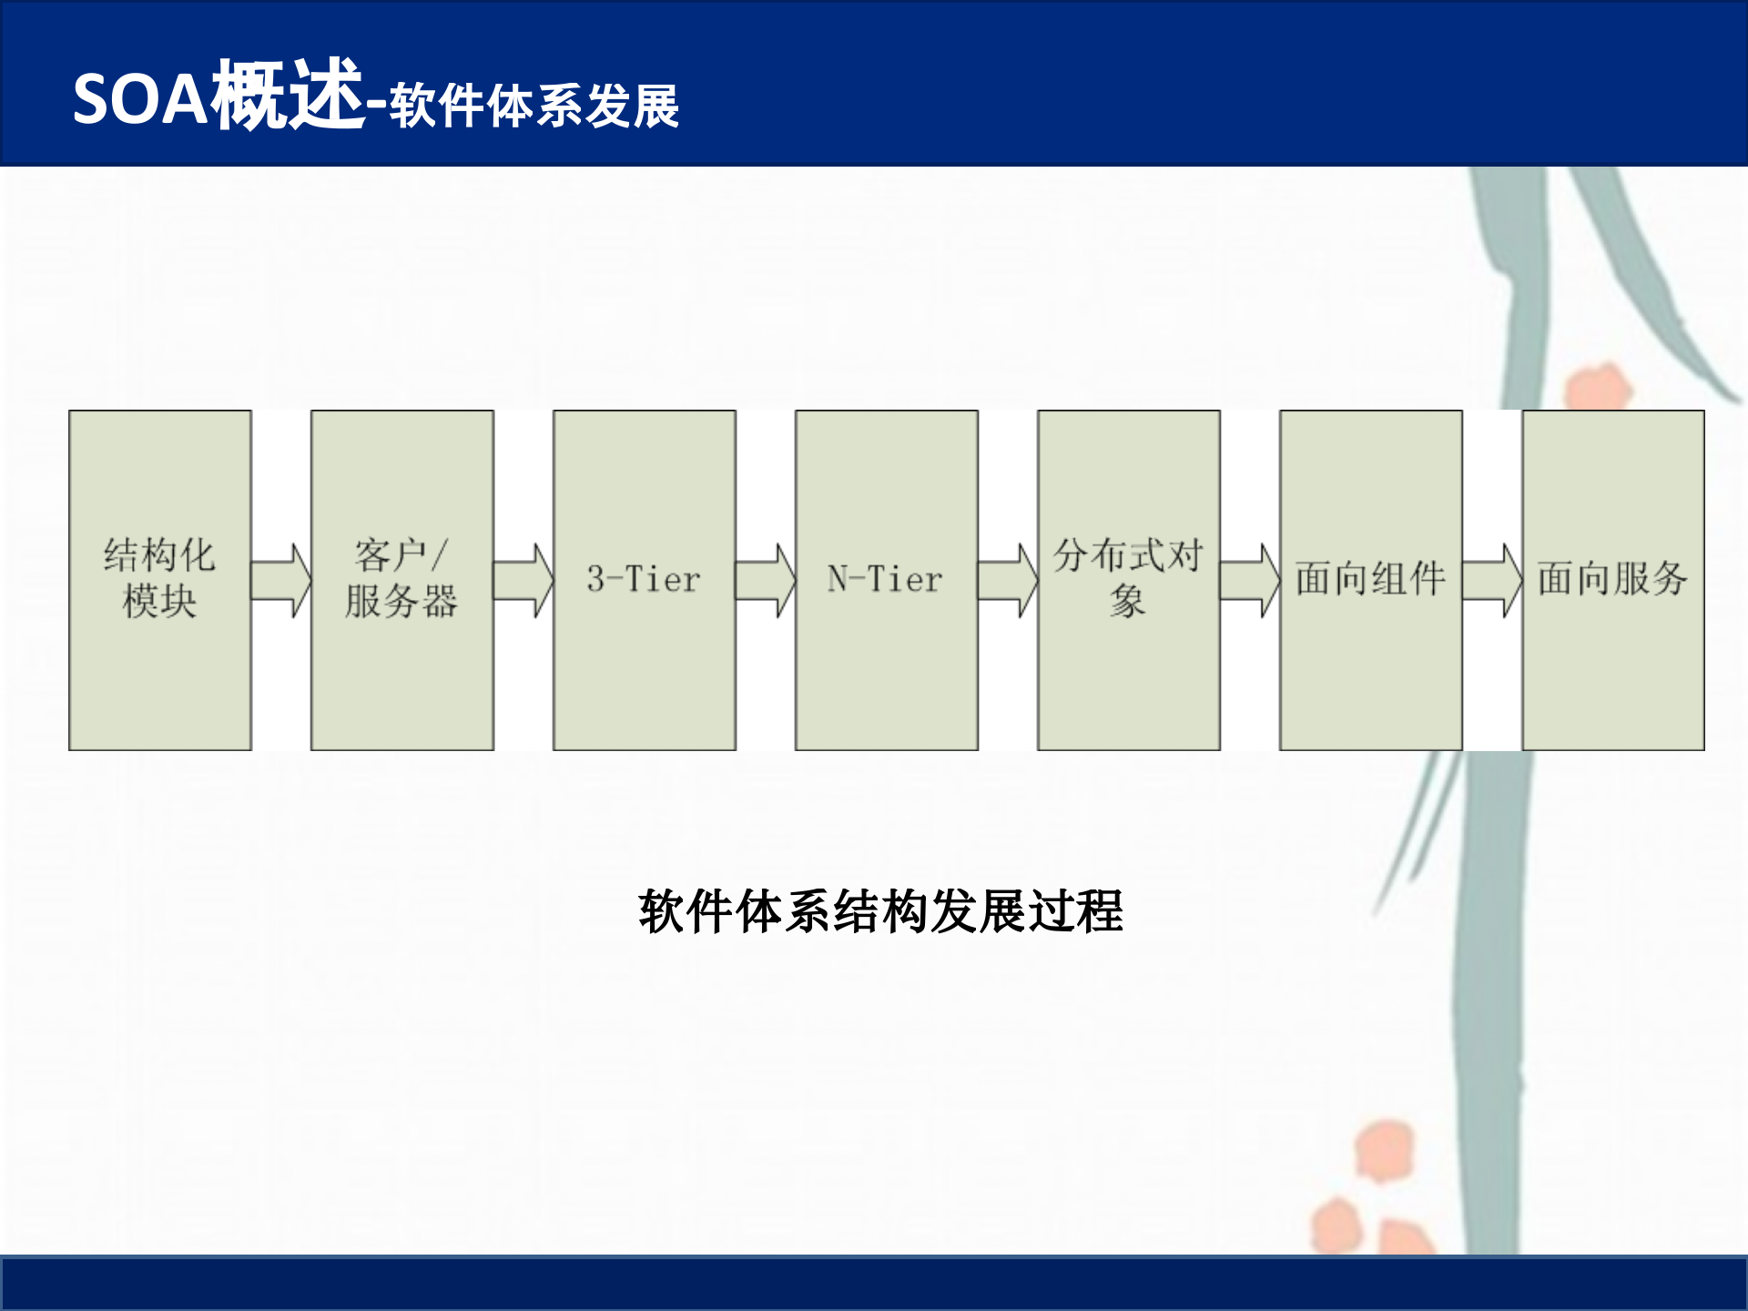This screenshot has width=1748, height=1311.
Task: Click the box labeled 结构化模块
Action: [x=160, y=580]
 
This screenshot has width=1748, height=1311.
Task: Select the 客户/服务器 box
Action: [x=402, y=580]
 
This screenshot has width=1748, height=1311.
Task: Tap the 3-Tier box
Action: [x=645, y=580]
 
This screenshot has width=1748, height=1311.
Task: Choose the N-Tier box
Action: [x=887, y=580]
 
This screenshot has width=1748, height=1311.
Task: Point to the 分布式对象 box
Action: [x=1129, y=580]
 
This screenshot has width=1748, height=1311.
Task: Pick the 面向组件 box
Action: [x=1371, y=580]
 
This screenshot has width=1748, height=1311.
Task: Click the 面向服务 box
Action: [x=1613, y=580]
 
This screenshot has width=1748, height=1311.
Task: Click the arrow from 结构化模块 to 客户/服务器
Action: [x=281, y=581]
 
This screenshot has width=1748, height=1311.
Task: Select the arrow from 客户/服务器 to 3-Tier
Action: [x=523, y=581]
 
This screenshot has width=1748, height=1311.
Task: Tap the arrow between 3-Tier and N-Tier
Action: [x=766, y=581]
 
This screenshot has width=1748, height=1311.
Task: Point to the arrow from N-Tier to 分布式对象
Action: [x=1008, y=581]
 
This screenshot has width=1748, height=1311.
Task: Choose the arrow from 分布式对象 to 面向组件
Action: [x=1250, y=581]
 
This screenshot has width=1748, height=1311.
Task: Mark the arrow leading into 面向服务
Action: [x=1492, y=581]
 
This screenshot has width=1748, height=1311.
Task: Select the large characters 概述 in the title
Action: [x=288, y=95]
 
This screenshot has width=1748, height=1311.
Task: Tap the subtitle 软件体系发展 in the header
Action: [x=534, y=106]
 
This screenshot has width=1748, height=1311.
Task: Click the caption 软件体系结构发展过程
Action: [x=880, y=911]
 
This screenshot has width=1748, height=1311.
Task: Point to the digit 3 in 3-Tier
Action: [x=596, y=579]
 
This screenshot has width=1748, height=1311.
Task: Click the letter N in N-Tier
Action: [x=838, y=579]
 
